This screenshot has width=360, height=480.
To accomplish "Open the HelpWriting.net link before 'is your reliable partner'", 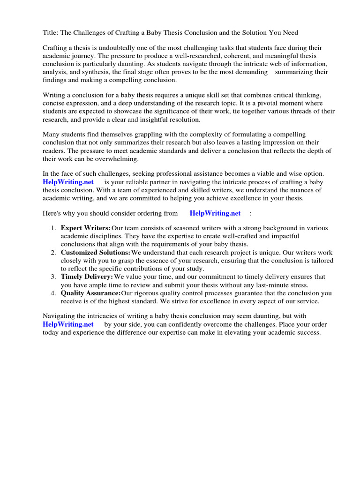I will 68,182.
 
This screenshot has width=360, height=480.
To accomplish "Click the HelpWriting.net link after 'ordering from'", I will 215,213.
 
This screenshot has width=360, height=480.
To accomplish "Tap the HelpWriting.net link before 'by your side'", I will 68,324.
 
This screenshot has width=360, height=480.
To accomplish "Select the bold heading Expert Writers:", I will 86,228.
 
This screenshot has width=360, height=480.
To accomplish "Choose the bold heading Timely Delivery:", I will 87,277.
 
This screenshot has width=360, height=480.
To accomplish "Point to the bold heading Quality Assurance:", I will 91,293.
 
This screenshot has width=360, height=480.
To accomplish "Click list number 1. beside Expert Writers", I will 53,228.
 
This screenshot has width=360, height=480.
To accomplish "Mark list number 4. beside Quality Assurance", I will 53,293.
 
